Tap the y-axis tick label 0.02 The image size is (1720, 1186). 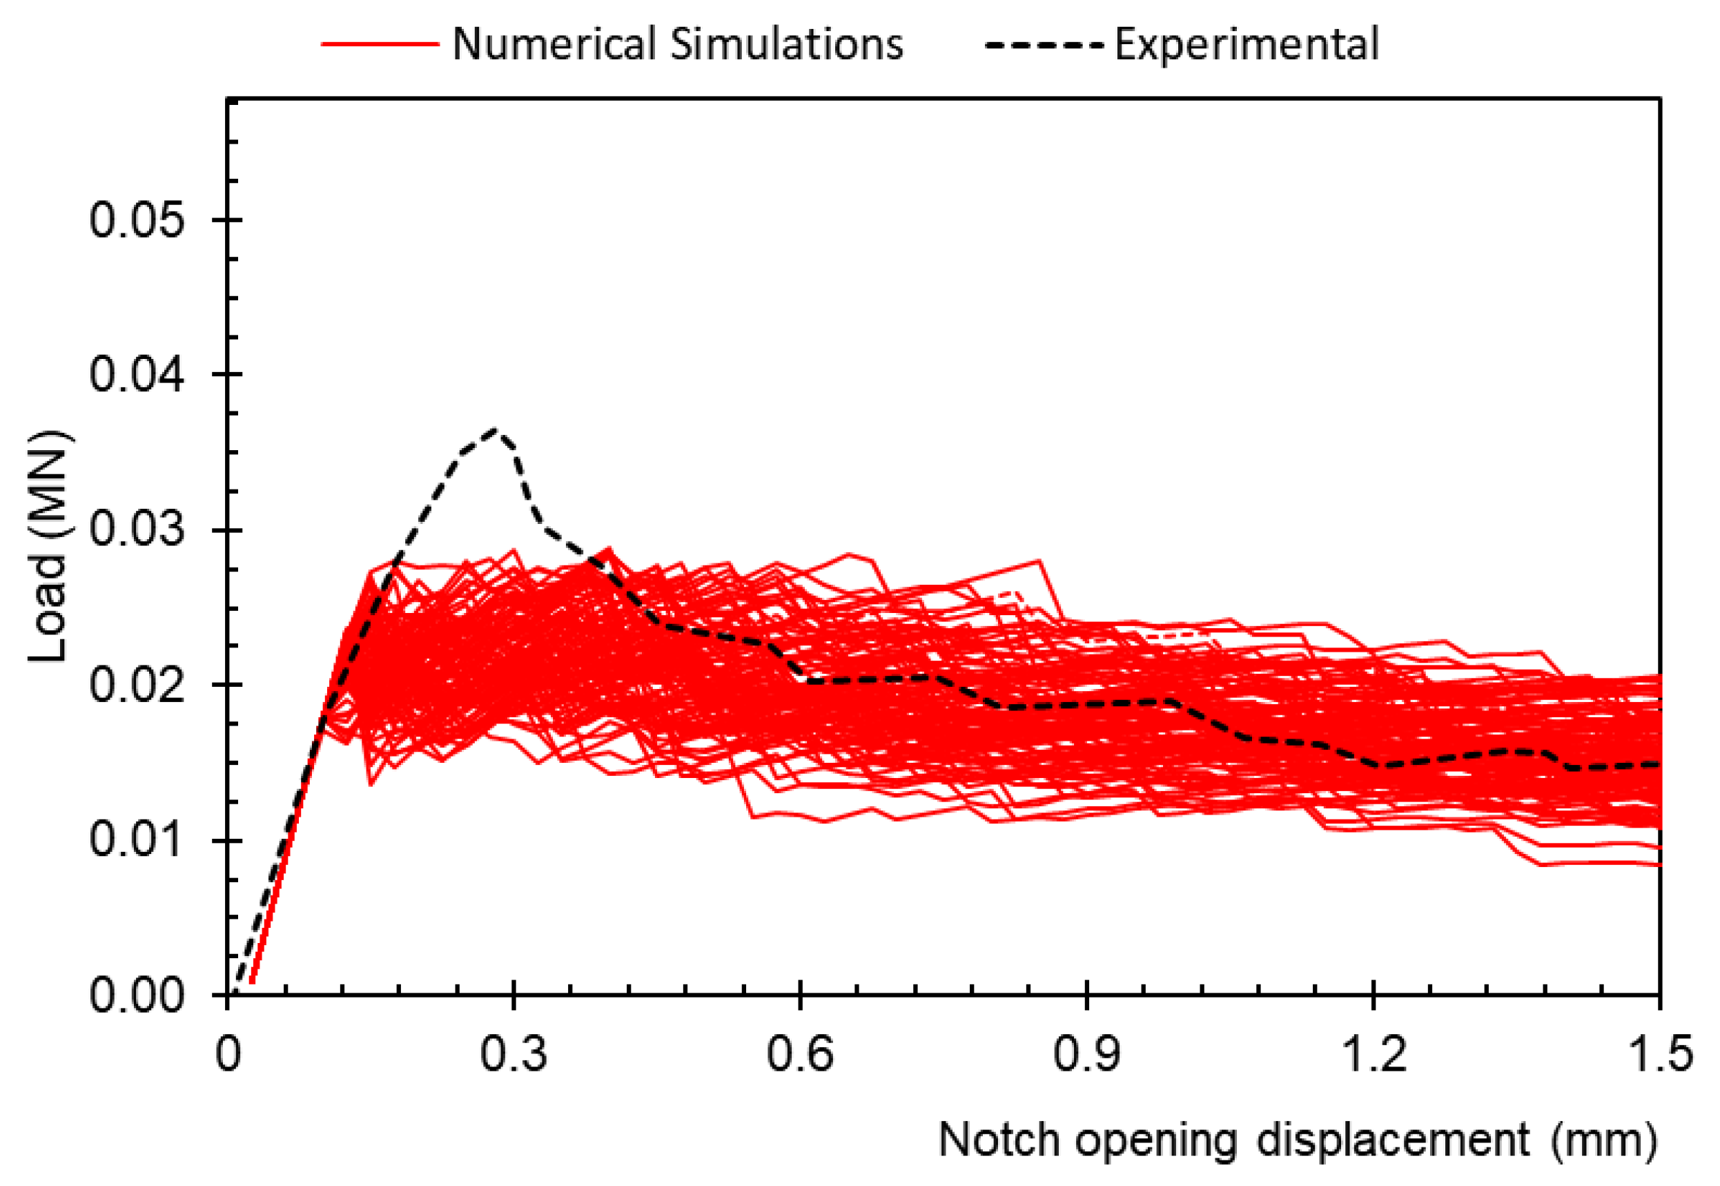[136, 684]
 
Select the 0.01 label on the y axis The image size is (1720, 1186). [136, 839]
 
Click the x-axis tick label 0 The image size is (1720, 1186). [228, 1053]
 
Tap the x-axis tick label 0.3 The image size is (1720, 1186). [513, 1053]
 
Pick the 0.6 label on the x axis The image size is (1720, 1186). [799, 1053]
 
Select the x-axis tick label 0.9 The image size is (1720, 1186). [1086, 1053]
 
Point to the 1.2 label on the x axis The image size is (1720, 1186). [1374, 1053]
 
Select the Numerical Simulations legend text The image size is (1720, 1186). [678, 44]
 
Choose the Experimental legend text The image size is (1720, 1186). [1246, 44]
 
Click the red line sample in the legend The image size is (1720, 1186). [380, 45]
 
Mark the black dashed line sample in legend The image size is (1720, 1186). [1043, 46]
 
